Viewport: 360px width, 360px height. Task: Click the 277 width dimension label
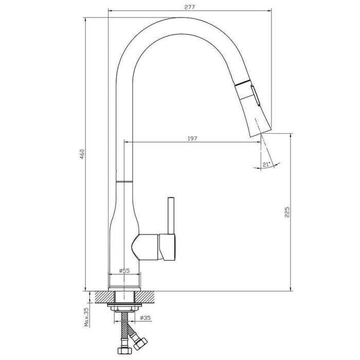click(x=190, y=7)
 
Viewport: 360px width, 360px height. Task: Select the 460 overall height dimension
click(x=82, y=154)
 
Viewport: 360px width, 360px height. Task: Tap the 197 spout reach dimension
click(x=192, y=139)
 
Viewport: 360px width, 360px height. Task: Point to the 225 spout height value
click(x=287, y=212)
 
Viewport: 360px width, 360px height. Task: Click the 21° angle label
click(x=266, y=165)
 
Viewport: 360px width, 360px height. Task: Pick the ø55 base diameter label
click(x=124, y=271)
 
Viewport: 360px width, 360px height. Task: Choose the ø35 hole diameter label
click(x=145, y=318)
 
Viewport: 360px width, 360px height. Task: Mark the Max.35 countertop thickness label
click(x=87, y=317)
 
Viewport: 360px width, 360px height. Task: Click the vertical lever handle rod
click(x=171, y=215)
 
